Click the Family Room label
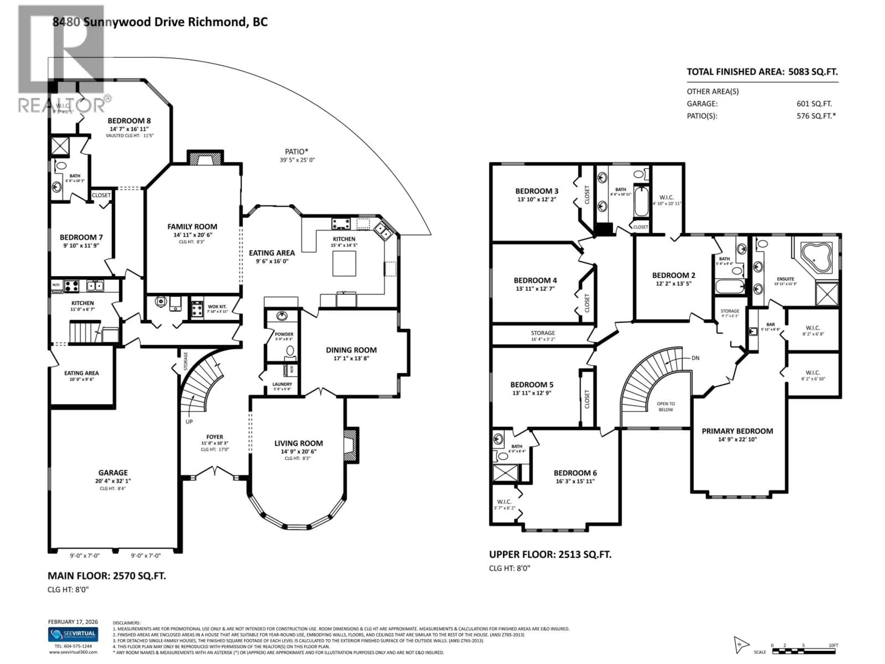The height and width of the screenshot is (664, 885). (x=192, y=227)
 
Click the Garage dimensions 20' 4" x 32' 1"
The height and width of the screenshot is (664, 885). (x=113, y=481)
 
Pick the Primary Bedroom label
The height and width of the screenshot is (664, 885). (x=737, y=431)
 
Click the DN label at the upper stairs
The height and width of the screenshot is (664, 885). (x=695, y=358)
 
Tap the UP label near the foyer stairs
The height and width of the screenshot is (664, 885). (x=189, y=421)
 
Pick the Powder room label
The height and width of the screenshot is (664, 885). (x=284, y=334)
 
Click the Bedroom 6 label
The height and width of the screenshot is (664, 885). (x=575, y=473)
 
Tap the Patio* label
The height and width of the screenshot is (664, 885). (x=296, y=152)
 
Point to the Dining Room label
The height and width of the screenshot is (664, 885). (x=351, y=350)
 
